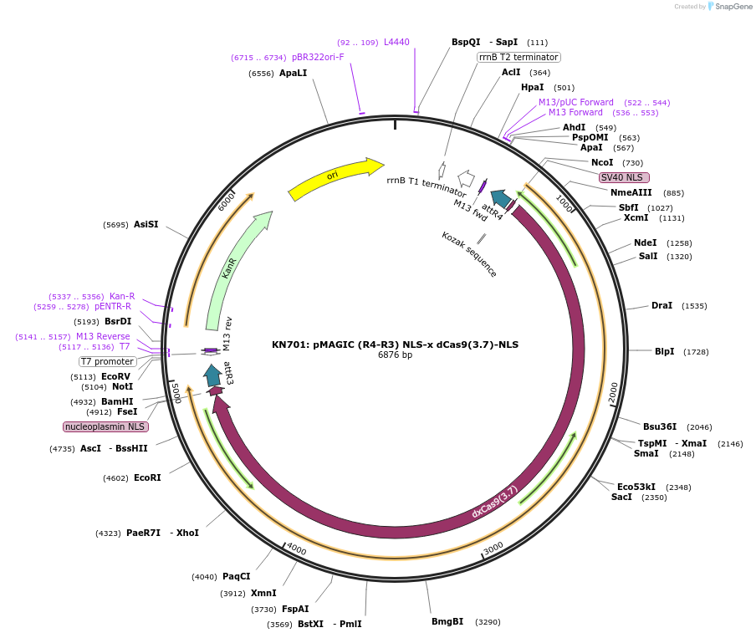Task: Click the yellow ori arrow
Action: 335,178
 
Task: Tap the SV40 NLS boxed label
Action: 623,177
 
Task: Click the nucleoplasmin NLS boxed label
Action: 105,426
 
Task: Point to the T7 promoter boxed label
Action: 107,361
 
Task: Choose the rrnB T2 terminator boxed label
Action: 518,57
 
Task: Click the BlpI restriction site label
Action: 664,351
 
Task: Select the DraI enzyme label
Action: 661,305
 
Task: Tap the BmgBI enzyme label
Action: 447,621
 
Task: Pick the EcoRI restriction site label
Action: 147,477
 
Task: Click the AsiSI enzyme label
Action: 146,224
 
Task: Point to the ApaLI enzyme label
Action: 293,73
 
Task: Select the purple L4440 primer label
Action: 396,42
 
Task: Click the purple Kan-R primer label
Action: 122,296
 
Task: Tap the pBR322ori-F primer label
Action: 318,57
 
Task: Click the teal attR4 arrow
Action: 500,198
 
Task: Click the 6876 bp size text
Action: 395,355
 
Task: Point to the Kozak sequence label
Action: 469,254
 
